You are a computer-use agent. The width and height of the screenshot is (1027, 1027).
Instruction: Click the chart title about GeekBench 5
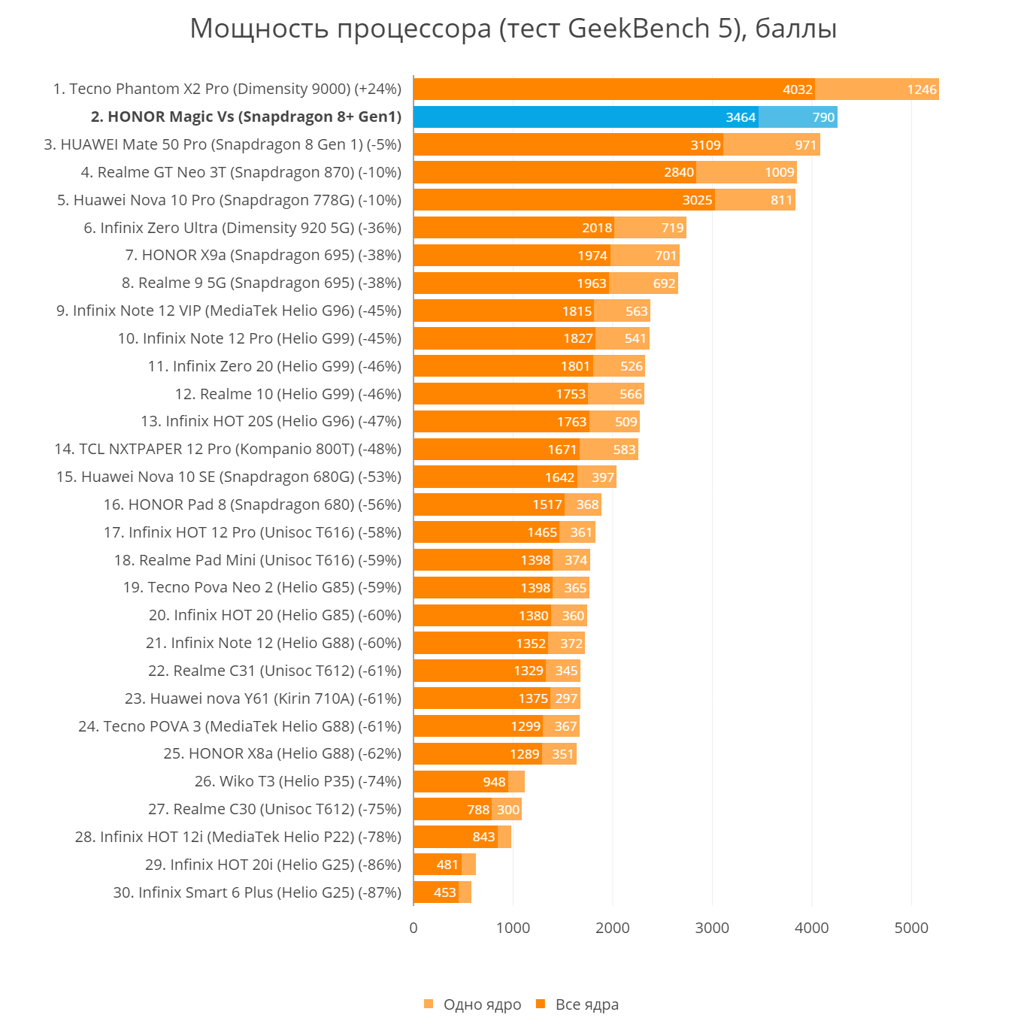click(513, 29)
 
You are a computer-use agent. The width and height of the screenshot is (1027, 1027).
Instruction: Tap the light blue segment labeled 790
click(798, 117)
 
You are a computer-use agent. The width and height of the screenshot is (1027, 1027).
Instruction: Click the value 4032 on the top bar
click(797, 89)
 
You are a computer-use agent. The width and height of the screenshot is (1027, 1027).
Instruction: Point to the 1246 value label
click(921, 89)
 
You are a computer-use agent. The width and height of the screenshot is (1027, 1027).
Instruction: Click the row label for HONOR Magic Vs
click(246, 117)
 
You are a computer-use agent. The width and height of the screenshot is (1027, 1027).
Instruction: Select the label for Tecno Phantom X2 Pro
click(227, 89)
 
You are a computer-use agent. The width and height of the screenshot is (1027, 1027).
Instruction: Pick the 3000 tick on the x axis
click(712, 928)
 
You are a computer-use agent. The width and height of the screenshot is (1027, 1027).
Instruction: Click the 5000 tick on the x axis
click(911, 928)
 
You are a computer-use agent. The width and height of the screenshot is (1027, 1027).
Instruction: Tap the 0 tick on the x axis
click(414, 928)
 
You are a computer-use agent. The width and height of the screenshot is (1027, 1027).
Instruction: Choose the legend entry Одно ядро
click(482, 1004)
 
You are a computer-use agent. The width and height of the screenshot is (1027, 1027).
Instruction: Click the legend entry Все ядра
click(586, 1004)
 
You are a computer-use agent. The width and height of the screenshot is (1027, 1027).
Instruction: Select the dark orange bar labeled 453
click(436, 892)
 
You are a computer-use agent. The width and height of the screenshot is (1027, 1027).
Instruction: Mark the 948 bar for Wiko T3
click(460, 782)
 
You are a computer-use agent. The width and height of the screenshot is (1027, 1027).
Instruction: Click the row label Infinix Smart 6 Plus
click(257, 892)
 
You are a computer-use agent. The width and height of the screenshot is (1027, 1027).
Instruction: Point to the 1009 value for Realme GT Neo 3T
click(779, 172)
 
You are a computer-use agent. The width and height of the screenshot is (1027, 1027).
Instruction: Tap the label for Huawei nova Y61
click(262, 698)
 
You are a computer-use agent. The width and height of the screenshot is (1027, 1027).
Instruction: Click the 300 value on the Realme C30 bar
click(507, 810)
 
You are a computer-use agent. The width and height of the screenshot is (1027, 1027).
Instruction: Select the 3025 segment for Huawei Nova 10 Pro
click(564, 200)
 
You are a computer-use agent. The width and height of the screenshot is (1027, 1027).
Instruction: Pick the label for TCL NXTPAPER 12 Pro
click(228, 449)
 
